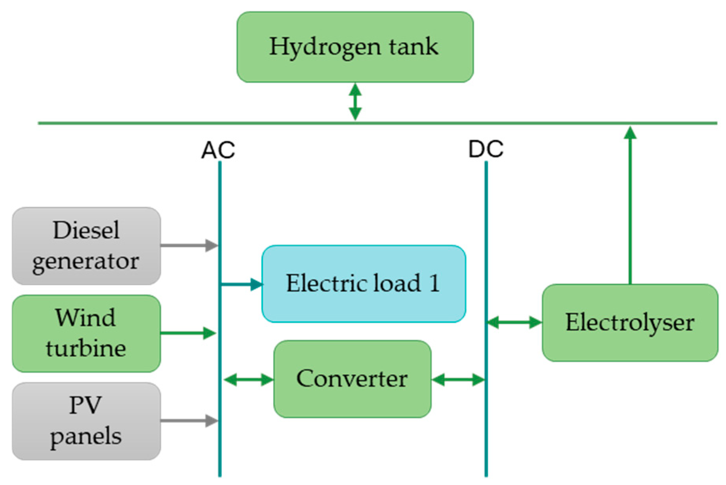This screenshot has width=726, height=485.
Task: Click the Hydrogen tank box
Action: [355, 47]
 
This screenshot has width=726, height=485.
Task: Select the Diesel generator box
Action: [86, 246]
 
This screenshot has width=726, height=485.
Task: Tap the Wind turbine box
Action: [86, 333]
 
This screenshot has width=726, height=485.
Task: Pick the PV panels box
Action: [86, 421]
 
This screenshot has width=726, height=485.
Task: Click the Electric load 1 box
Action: [364, 284]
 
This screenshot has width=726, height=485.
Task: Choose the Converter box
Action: [352, 379]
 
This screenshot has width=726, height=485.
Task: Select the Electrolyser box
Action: [630, 322]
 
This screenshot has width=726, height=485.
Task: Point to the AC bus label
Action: [218, 150]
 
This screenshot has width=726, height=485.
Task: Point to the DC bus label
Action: [486, 149]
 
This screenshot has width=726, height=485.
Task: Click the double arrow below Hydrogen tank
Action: [355, 102]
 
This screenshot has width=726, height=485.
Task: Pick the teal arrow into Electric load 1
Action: [242, 284]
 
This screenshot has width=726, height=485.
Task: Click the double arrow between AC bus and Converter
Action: [249, 380]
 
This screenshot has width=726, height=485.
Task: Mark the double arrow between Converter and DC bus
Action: [458, 380]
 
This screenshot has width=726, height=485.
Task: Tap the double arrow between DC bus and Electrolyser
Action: [514, 322]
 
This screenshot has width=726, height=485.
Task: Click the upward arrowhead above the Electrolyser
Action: [630, 133]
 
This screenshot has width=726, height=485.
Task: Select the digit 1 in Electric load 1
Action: [434, 284]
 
